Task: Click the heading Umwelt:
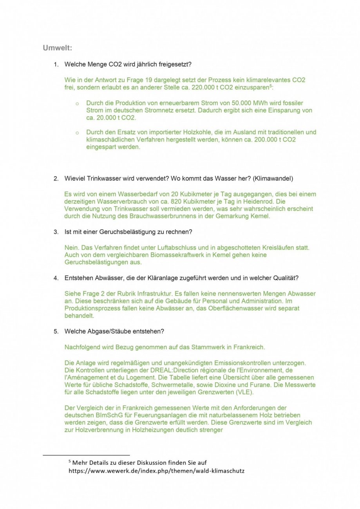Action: [x=57, y=48]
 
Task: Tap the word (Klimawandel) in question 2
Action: [x=273, y=178]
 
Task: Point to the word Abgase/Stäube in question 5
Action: [x=107, y=331]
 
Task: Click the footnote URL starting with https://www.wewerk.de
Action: [x=156, y=471]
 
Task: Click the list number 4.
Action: [x=56, y=278]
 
